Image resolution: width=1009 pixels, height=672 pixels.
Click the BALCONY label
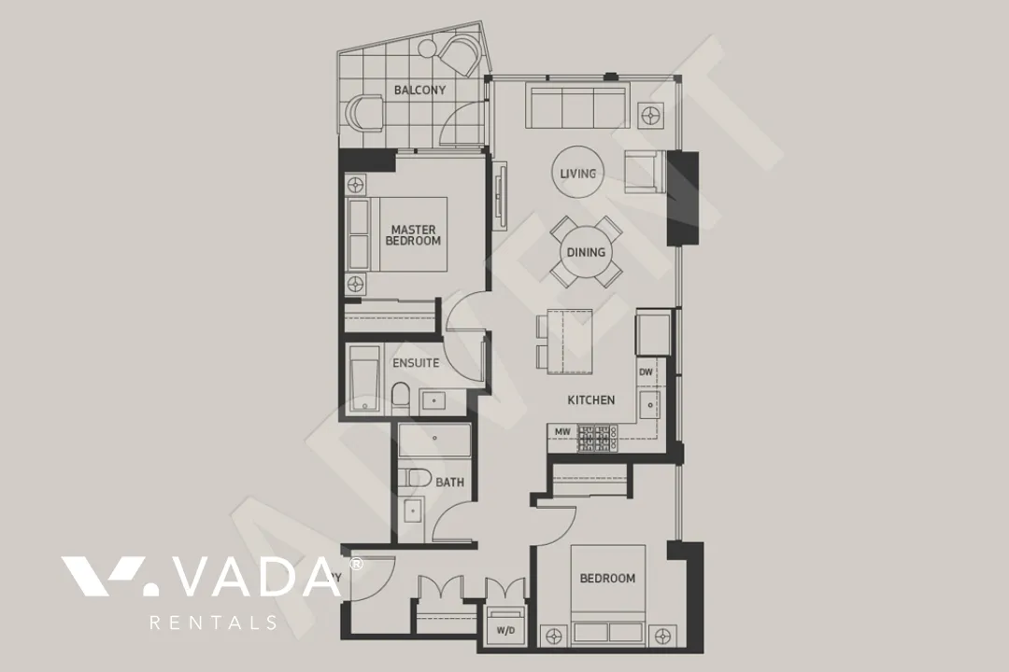point(419,91)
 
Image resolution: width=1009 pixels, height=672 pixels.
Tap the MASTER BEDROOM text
point(413,235)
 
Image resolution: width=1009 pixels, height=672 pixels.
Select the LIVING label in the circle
point(577,174)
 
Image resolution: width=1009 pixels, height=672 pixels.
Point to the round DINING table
point(586,252)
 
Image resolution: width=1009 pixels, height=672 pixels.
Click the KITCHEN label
point(591,400)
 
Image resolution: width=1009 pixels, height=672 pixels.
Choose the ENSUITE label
point(416,363)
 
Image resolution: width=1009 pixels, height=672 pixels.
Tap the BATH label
point(449,483)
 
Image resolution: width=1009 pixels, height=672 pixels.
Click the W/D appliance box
point(505,630)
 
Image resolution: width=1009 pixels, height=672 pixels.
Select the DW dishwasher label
point(646,371)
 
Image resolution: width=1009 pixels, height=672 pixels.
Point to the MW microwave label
point(562,432)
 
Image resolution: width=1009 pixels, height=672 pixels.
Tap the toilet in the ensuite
point(400,398)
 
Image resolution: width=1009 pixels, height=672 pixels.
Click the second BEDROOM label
point(607,579)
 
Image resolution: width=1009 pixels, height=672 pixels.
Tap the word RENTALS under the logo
point(214,623)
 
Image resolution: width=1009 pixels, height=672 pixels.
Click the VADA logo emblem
point(102,576)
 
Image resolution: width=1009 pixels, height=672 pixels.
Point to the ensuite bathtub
point(362,380)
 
